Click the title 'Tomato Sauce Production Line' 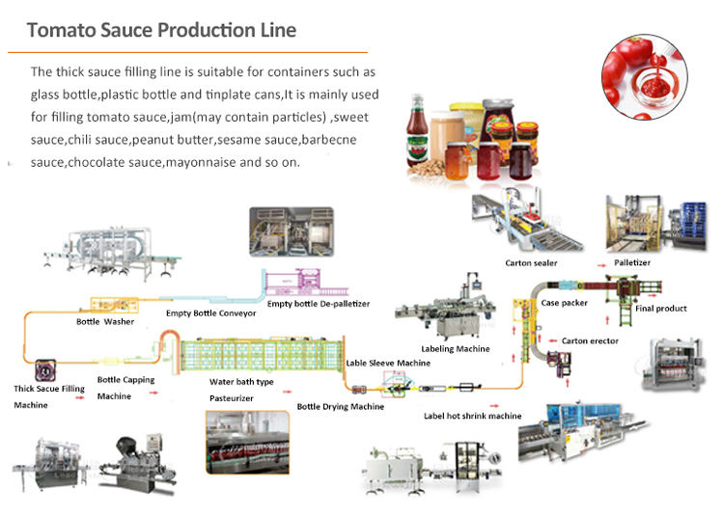[x=161, y=29]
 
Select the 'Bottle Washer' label [x=105, y=321]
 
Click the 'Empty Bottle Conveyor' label [x=210, y=312]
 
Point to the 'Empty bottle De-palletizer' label [x=319, y=304]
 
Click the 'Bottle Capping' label [x=125, y=380]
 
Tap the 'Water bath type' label [x=241, y=382]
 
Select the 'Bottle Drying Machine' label [x=340, y=407]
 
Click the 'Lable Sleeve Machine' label [x=388, y=363]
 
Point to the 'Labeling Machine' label [x=455, y=348]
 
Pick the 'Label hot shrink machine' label [x=473, y=416]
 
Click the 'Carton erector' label [x=590, y=340]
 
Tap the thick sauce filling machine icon [x=42, y=370]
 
